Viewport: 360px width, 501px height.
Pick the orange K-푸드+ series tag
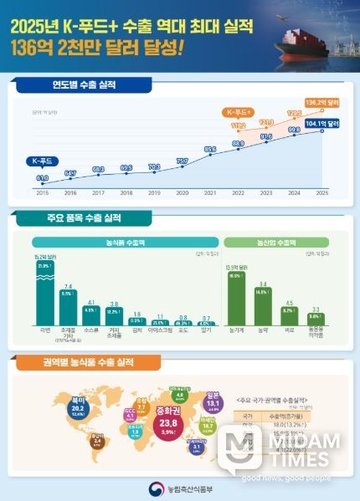(239, 111)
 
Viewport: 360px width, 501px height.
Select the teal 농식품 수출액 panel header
(123, 242)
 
